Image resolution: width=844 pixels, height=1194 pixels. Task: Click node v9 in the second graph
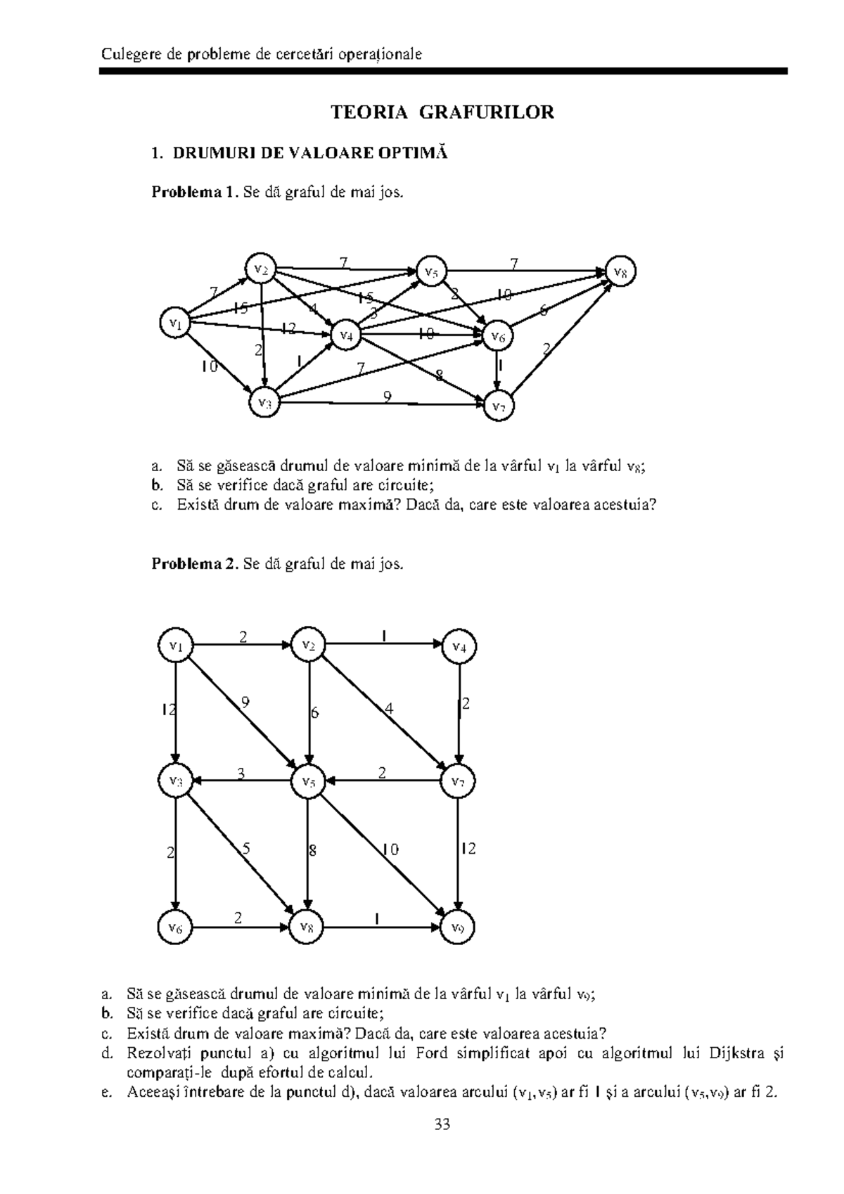pyautogui.click(x=459, y=928)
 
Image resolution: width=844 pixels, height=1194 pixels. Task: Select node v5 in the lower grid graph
pyautogui.click(x=308, y=781)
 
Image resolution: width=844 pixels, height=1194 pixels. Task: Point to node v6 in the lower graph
pyautogui.click(x=175, y=928)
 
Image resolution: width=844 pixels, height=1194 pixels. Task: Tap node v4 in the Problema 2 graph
pyautogui.click(x=459, y=647)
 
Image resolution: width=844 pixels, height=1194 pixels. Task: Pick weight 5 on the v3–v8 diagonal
pyautogui.click(x=245, y=849)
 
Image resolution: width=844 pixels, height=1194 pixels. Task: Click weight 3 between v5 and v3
pyautogui.click(x=241, y=774)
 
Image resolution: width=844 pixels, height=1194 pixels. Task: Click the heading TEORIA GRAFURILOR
pyautogui.click(x=442, y=113)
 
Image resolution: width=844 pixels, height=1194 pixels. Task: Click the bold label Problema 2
pyautogui.click(x=195, y=564)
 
